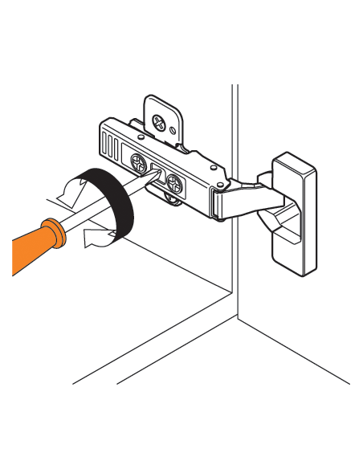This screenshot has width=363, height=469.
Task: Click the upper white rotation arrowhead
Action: click(67, 190)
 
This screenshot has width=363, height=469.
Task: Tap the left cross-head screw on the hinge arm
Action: click(141, 165)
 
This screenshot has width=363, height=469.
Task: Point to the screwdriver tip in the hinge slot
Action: click(153, 177)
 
